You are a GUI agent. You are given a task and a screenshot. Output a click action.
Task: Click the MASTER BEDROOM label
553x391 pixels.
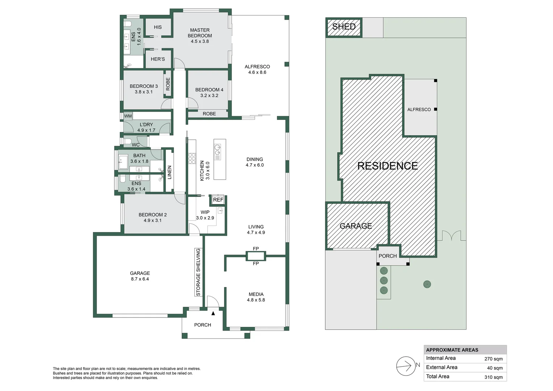pyautogui.click(x=200, y=33)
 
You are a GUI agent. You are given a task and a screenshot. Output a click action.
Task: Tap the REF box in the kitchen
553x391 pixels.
pyautogui.click(x=218, y=200)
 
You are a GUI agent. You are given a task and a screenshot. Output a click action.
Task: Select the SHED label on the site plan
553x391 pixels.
pyautogui.click(x=344, y=27)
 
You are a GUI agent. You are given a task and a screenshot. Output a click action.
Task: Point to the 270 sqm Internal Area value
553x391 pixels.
pyautogui.click(x=493, y=359)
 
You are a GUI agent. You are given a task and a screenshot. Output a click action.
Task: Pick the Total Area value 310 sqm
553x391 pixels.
pyautogui.click(x=493, y=377)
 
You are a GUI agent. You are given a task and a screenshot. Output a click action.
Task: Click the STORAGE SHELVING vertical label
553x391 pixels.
pyautogui.click(x=198, y=272)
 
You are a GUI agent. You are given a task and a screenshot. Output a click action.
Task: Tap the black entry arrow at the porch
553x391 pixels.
pyautogui.click(x=213, y=313)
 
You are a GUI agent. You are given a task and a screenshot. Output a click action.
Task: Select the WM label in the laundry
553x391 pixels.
pyautogui.click(x=128, y=116)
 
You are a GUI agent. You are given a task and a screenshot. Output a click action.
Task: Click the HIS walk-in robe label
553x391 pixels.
pyautogui.click(x=158, y=27)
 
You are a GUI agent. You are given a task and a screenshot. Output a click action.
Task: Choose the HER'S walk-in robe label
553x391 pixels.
pyautogui.click(x=158, y=59)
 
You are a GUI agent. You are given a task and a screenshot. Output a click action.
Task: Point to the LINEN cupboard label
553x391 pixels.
pyautogui.click(x=169, y=172)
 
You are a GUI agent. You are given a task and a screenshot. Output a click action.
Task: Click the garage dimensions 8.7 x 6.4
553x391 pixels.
pyautogui.click(x=140, y=279)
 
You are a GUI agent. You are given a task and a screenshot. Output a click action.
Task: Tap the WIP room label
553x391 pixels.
pyautogui.click(x=205, y=212)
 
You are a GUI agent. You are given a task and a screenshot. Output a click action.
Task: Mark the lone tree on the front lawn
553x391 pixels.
pyautogui.click(x=427, y=284)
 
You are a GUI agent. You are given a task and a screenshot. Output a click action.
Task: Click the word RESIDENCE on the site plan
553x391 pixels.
pyautogui.click(x=387, y=166)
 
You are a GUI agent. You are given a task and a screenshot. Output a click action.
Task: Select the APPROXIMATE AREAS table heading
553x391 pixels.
pyautogui.click(x=452, y=350)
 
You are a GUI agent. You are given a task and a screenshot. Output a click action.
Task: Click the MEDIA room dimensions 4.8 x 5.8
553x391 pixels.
pyautogui.click(x=256, y=300)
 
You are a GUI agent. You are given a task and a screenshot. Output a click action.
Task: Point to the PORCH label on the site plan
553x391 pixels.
pyautogui.click(x=388, y=256)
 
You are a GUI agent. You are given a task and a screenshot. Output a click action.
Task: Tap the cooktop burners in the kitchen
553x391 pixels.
pyautogui.click(x=192, y=159)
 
